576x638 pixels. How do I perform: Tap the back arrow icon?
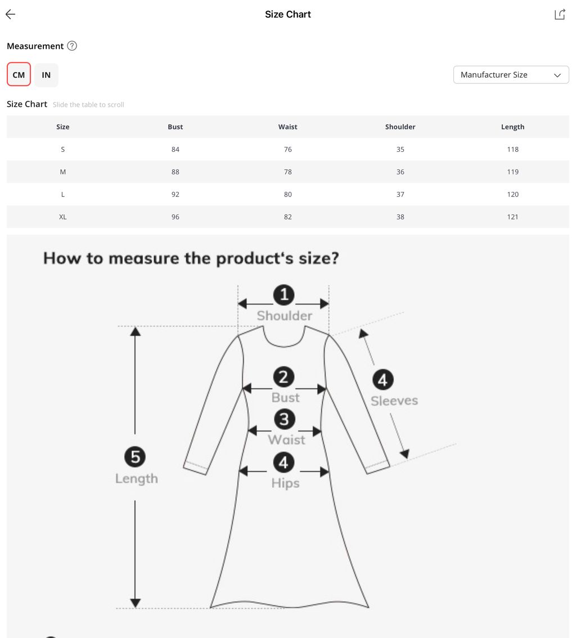(x=10, y=14)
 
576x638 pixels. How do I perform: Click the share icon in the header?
(x=560, y=14)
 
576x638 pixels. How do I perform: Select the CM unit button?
(x=19, y=74)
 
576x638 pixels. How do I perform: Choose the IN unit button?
(x=46, y=75)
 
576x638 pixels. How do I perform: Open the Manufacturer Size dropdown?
(x=511, y=75)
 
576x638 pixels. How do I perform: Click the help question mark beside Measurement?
(x=72, y=46)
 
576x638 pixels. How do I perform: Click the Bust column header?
(x=175, y=127)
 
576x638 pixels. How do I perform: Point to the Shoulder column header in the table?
(x=400, y=127)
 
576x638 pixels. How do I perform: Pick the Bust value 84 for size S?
(x=175, y=149)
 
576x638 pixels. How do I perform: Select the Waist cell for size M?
(x=288, y=172)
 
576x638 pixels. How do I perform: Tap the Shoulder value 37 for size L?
(x=400, y=195)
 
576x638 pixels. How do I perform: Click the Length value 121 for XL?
(x=512, y=217)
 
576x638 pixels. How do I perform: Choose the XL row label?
(x=62, y=217)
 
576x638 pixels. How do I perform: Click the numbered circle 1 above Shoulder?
(x=284, y=295)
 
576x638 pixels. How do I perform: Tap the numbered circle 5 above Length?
(x=135, y=456)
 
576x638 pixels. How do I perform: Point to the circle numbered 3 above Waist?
(x=284, y=419)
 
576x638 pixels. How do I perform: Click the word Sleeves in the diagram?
(x=394, y=401)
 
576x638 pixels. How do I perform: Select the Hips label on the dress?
(x=286, y=483)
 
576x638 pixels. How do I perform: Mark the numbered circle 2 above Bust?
(x=283, y=377)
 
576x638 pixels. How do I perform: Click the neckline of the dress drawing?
(x=284, y=346)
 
